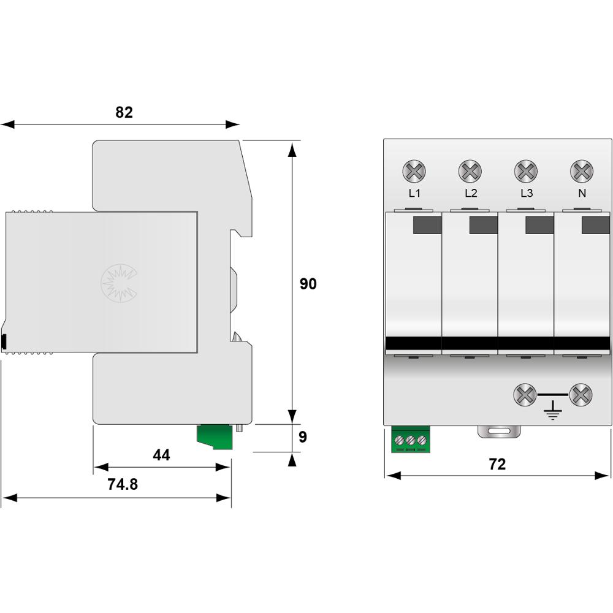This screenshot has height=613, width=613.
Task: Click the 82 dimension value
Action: point(124,112)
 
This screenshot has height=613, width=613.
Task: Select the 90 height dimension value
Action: point(308,284)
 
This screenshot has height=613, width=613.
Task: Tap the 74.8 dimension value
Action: point(123,484)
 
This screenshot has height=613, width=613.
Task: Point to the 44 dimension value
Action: point(161,455)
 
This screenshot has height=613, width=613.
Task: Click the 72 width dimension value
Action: point(497,464)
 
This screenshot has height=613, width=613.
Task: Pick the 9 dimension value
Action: point(303,436)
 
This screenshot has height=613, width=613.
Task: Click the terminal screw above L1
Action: point(414,171)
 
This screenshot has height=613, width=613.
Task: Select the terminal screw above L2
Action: point(470,171)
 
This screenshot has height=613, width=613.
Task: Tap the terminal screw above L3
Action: point(526,171)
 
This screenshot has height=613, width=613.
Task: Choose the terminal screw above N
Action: point(582,171)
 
